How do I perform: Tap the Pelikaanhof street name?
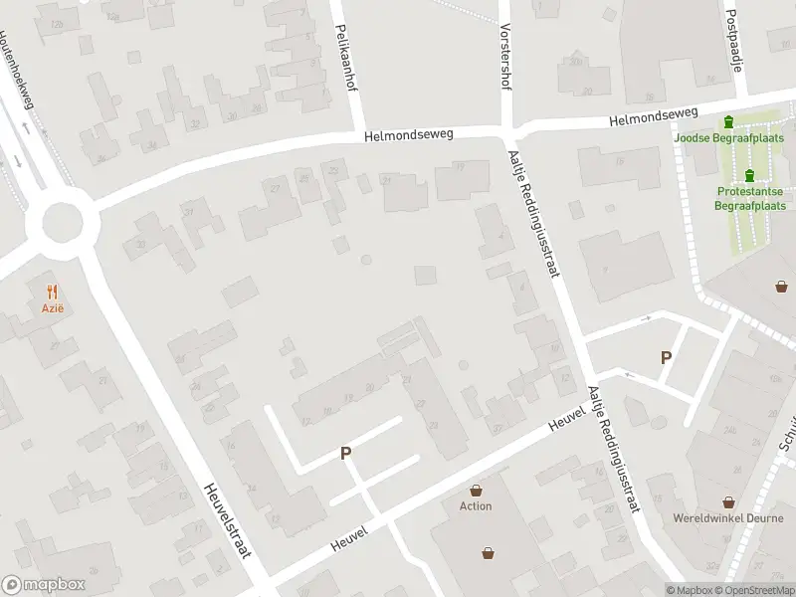pyautogui.click(x=348, y=59)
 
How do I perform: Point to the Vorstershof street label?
pyautogui.click(x=505, y=57)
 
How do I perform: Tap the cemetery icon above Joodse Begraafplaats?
pyautogui.click(x=729, y=122)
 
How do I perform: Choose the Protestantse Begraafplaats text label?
pyautogui.click(x=750, y=198)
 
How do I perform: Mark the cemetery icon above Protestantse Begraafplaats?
pyautogui.click(x=749, y=175)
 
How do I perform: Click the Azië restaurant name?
pyautogui.click(x=53, y=308)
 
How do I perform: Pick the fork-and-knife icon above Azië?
pyautogui.click(x=53, y=292)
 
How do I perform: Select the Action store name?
pyautogui.click(x=476, y=506)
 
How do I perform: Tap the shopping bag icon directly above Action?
pyautogui.click(x=477, y=490)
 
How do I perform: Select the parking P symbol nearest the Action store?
pyautogui.click(x=346, y=453)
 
